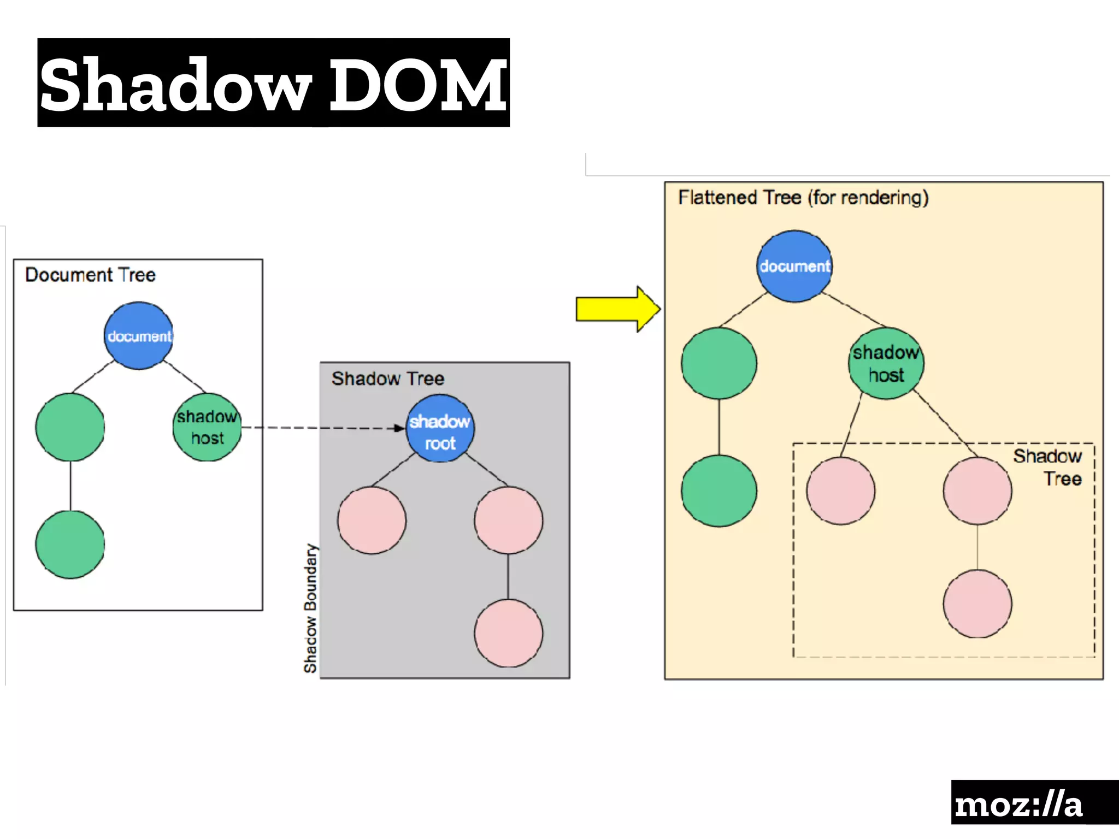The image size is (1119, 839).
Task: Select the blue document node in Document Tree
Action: (139, 335)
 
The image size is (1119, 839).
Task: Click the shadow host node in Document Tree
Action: (207, 427)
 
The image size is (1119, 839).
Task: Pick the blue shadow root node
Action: (440, 429)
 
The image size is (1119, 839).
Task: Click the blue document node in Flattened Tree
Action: (794, 267)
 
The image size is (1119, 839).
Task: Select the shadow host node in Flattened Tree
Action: (886, 364)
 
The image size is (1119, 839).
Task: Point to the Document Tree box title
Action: (90, 275)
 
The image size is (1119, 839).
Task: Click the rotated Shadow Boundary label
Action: (310, 607)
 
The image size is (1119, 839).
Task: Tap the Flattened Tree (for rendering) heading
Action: (803, 197)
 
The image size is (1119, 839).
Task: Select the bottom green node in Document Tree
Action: (70, 545)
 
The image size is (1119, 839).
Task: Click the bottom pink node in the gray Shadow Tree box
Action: (509, 633)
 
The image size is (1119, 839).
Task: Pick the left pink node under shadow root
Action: (372, 521)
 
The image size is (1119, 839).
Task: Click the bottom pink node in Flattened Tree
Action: (977, 604)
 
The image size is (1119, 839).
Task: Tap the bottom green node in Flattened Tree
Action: (719, 491)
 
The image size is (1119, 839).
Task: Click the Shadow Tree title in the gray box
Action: (388, 379)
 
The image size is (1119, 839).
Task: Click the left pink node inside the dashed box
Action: (841, 491)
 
